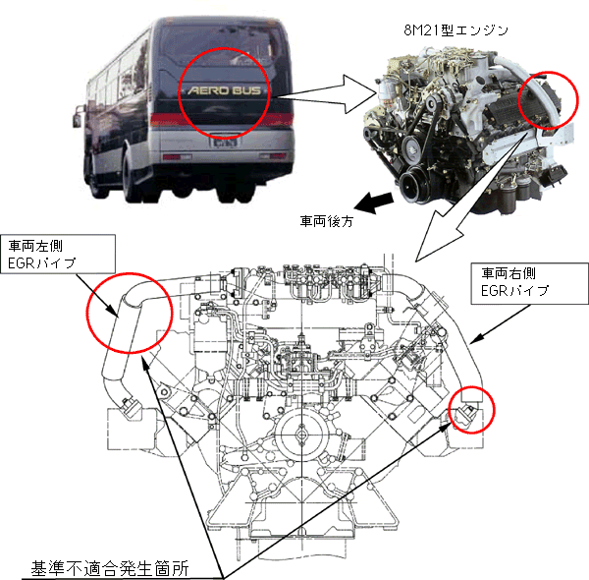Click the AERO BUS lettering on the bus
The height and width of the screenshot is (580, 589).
click(x=224, y=90)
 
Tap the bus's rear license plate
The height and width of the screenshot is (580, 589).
click(x=225, y=143)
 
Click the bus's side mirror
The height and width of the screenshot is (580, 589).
click(x=77, y=117)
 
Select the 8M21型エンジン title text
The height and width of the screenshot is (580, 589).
click(x=455, y=30)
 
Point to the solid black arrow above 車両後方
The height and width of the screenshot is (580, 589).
click(x=373, y=203)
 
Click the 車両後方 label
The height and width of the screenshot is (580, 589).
click(x=327, y=221)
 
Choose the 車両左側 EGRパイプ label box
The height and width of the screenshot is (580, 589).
click(x=58, y=255)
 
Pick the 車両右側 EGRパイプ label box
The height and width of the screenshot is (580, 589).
click(x=530, y=283)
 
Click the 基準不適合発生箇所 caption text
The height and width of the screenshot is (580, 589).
click(x=110, y=569)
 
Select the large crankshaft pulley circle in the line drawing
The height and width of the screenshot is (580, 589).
click(x=301, y=435)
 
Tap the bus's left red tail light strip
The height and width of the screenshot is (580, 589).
click(x=165, y=119)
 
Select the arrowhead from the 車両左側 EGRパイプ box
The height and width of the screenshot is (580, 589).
click(x=113, y=312)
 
